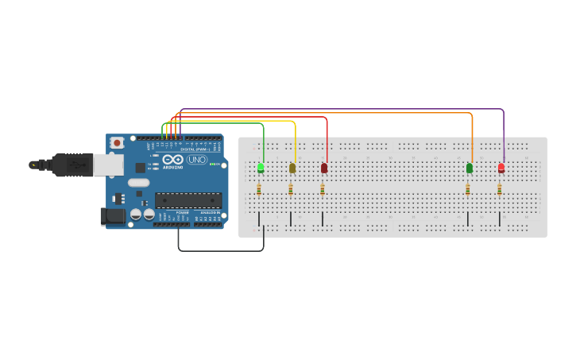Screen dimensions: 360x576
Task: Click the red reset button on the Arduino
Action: point(117,143)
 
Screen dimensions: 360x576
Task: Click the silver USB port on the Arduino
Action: point(108,165)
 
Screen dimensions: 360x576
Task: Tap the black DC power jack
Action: point(114,215)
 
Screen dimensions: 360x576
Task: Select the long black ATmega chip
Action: point(188,200)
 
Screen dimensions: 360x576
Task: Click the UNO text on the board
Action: point(197,160)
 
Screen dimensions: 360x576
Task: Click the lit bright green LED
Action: point(261,168)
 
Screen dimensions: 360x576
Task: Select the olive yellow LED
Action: point(292,168)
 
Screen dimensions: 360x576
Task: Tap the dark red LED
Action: point(324,168)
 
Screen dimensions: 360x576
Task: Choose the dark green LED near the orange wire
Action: point(470,168)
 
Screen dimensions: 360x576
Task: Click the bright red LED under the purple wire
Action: point(501,168)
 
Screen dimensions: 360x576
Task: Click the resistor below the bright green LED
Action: point(259,189)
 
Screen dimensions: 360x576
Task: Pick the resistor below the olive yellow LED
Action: point(291,189)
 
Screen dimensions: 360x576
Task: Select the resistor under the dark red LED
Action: point(323,189)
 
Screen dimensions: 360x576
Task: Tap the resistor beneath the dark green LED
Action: point(468,189)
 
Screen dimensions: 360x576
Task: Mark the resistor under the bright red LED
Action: point(500,189)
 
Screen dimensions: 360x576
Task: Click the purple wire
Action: point(342,109)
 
